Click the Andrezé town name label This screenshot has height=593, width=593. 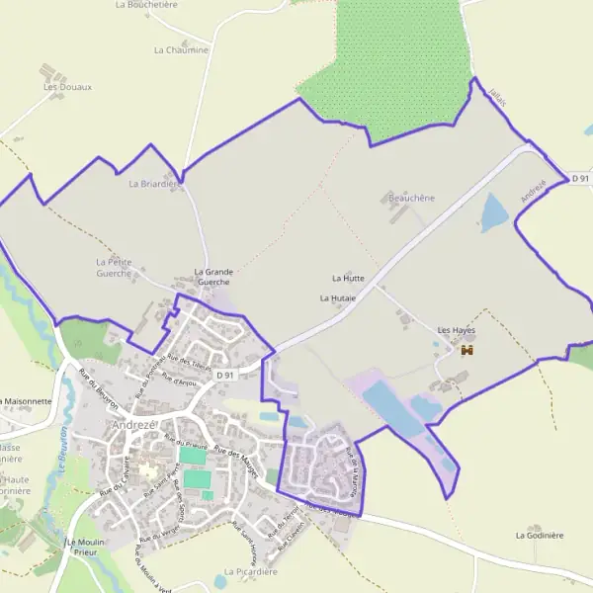pos(134,425)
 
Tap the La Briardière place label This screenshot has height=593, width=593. pos(151,183)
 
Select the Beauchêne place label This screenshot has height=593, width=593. pos(411,198)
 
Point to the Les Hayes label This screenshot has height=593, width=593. pos(457,329)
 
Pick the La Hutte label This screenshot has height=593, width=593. pos(348,279)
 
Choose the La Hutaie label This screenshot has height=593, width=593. pos(337,296)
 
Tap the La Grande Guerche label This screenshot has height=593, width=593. pos(213,277)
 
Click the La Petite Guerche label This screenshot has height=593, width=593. pos(114,267)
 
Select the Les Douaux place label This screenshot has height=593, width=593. pos(67,87)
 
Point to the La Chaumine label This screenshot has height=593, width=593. pos(181,49)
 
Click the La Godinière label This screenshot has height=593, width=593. pos(539,535)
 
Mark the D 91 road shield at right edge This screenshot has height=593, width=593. pos(580,178)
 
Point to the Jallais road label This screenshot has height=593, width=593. pos(497,97)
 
